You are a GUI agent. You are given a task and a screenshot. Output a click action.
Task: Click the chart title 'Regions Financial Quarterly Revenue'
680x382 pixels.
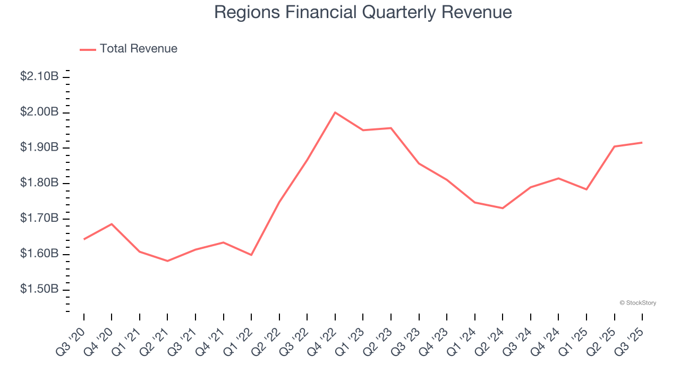coord(363,12)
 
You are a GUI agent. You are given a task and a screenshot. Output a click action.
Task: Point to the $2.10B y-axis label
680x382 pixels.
coord(39,76)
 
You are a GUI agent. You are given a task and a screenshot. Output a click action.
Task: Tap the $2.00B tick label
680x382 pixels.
coord(39,112)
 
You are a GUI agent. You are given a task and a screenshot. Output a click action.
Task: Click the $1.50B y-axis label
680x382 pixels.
coord(39,290)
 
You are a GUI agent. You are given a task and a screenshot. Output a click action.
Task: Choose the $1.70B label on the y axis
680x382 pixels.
coord(39,219)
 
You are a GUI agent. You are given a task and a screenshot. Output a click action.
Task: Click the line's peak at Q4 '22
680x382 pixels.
coord(335,112)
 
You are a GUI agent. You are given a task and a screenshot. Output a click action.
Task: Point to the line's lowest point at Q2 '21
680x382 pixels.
coord(167,261)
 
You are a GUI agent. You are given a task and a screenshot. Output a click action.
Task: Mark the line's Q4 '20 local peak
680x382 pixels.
coord(112,224)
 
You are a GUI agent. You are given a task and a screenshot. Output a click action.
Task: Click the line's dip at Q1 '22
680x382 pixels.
coord(251,255)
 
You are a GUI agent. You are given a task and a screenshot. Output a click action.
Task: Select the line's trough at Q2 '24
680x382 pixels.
coord(503,208)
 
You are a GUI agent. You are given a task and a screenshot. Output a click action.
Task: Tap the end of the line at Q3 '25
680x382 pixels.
coord(642,142)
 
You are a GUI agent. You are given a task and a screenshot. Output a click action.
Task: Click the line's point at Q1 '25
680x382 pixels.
coord(586,189)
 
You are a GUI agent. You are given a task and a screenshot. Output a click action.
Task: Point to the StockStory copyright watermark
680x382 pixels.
coord(637,303)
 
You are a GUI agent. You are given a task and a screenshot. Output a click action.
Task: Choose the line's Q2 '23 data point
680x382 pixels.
coord(391,128)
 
